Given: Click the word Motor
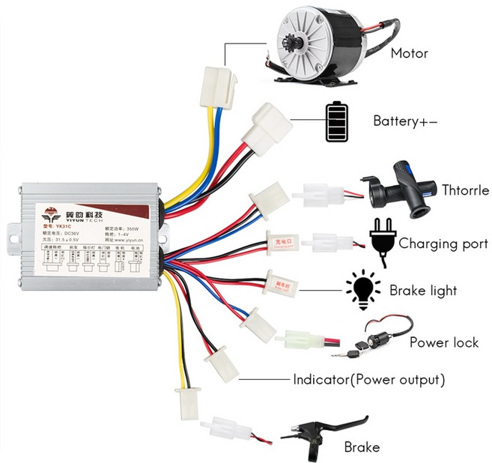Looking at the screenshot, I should [409, 53].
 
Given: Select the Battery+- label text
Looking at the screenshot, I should [405, 121].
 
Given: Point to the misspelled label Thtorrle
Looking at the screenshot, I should [465, 190].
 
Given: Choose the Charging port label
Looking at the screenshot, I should [443, 243].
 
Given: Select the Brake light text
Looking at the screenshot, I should [423, 290].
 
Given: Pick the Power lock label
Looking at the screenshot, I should [443, 342].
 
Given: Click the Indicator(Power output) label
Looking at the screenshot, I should [369, 379].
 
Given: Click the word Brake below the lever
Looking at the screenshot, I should [362, 447].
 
